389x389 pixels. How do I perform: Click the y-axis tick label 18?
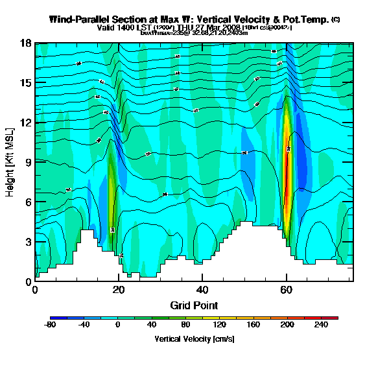click(25, 43)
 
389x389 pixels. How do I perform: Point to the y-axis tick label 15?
click(25, 83)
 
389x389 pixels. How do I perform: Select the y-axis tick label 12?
click(25, 123)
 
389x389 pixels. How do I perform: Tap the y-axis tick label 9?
click(27, 163)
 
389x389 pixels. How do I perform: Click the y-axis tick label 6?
click(27, 202)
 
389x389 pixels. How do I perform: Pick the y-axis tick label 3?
click(27, 242)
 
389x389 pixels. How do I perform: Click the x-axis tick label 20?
click(119, 290)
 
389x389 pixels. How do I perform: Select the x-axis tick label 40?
click(202, 290)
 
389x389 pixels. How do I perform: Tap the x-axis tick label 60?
click(287, 290)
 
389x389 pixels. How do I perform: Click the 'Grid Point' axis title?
click(194, 305)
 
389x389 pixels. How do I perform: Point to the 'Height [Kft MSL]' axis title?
click(10, 162)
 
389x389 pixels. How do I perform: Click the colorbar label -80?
click(50, 325)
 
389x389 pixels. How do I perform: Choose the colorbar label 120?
click(219, 325)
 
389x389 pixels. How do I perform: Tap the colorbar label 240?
click(321, 325)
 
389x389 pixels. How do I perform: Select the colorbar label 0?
click(117, 325)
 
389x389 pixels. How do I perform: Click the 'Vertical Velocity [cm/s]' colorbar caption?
click(194, 339)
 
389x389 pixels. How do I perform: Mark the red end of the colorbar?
click(335, 318)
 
